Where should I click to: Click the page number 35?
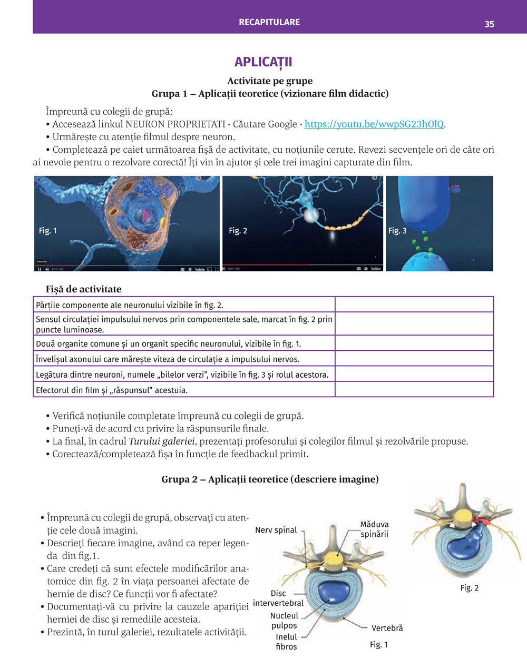click(x=489, y=24)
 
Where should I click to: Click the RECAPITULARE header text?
click(x=269, y=22)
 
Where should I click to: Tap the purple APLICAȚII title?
click(x=263, y=62)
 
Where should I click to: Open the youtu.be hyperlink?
click(x=374, y=124)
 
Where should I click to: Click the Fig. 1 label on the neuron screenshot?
click(x=48, y=231)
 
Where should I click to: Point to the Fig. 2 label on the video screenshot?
click(x=238, y=231)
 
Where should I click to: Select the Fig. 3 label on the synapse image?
click(x=397, y=231)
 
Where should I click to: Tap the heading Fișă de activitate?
click(x=83, y=289)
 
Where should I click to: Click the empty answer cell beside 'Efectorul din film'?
click(x=414, y=389)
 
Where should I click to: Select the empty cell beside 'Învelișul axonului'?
click(x=414, y=359)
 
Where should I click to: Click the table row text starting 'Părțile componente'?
click(x=130, y=305)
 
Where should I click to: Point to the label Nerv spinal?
click(x=276, y=530)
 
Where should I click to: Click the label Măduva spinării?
click(x=374, y=529)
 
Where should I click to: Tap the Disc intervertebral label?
click(x=278, y=598)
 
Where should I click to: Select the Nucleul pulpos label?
click(x=284, y=621)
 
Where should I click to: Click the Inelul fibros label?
click(x=286, y=642)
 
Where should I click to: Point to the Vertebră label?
click(x=387, y=628)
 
